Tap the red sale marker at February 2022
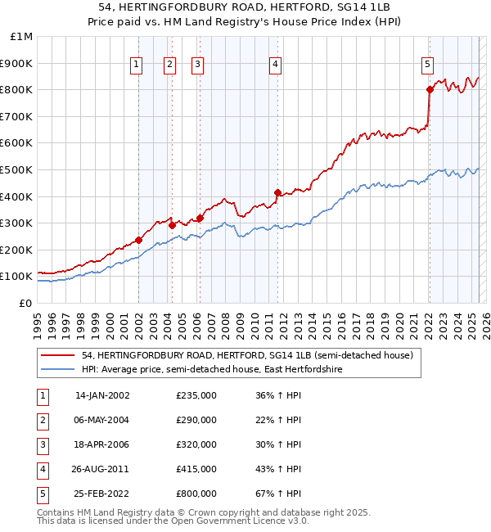[x=429, y=89]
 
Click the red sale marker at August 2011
[x=277, y=192]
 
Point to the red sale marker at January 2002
[x=138, y=240]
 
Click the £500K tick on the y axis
[x=17, y=169]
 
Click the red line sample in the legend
[x=59, y=355]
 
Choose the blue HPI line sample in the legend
[x=59, y=369]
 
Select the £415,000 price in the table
[x=196, y=469]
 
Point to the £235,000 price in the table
[x=196, y=395]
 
